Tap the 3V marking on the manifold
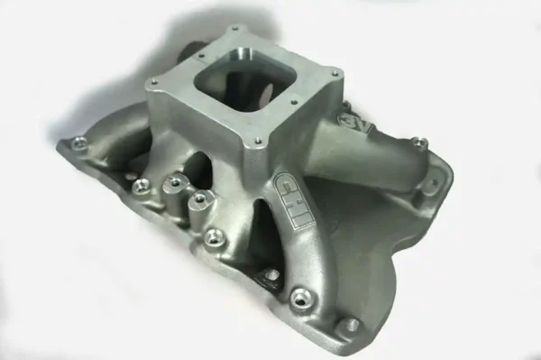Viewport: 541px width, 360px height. click(x=354, y=123)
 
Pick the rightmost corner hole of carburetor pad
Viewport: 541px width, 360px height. click(x=335, y=72)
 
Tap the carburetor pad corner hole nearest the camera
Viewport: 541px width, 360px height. click(x=259, y=141)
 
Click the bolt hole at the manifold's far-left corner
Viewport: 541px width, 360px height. click(x=79, y=142)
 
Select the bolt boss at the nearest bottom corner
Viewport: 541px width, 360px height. click(x=347, y=325)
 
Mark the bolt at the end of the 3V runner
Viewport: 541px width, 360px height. click(x=418, y=143)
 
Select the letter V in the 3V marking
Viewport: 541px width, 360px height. click(x=359, y=127)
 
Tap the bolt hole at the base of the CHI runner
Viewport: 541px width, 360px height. click(x=297, y=293)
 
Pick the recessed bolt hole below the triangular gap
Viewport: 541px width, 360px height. click(x=270, y=274)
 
